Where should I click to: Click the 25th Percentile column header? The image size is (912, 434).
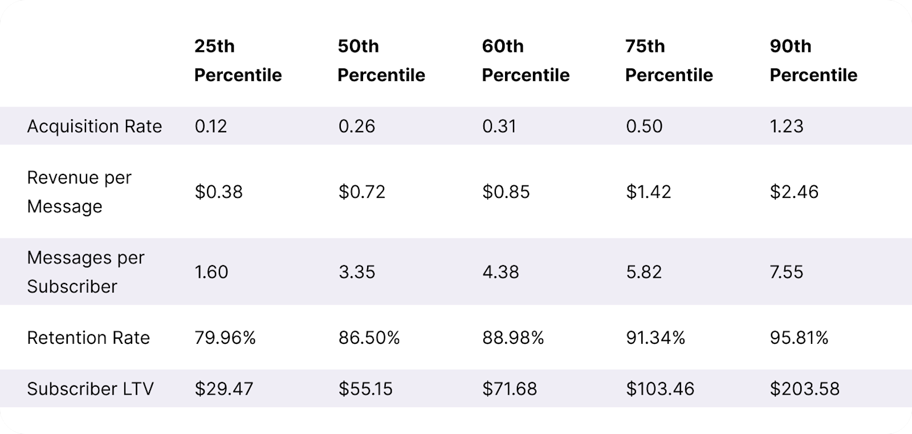point(238,60)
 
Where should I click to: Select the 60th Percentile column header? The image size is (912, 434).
point(526,60)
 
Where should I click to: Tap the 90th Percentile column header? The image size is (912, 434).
point(813,60)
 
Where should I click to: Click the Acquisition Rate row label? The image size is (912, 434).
point(95,126)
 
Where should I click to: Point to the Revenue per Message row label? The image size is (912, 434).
point(79,192)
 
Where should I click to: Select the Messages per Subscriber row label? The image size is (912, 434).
point(85,272)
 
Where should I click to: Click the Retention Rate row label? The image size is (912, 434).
point(88,338)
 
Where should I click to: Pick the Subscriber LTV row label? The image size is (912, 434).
point(90,389)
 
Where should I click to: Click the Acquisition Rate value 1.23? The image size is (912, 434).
point(787,126)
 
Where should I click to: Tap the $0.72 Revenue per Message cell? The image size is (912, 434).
point(362,192)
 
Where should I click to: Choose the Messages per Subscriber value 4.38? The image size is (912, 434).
point(500,272)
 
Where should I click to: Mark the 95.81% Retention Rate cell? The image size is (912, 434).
point(799,338)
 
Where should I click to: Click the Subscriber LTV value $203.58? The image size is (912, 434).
point(804,389)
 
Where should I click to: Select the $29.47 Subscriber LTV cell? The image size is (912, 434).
point(224,389)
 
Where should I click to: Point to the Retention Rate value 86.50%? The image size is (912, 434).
point(369,338)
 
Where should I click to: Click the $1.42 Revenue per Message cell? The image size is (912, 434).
point(649,192)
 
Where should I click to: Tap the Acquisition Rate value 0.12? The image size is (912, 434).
point(211,126)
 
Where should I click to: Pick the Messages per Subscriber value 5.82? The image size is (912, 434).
point(644,272)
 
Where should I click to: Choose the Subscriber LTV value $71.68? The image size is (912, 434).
point(510,389)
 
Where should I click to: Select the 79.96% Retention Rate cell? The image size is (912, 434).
point(225,338)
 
